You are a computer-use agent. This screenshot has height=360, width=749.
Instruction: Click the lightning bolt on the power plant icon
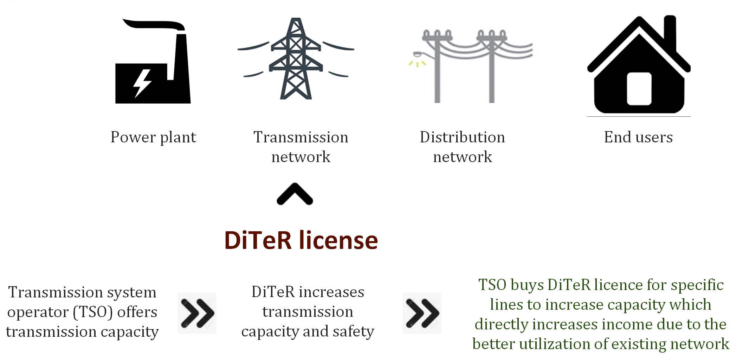[x=142, y=83]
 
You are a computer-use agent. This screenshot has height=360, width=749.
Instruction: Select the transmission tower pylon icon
[x=296, y=58]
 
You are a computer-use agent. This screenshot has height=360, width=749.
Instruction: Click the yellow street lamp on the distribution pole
[x=418, y=59]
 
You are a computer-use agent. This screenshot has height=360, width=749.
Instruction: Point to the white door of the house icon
[x=639, y=89]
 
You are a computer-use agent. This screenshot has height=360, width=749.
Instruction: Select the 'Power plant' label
[x=153, y=137]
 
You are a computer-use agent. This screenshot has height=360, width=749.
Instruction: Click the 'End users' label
[x=638, y=137]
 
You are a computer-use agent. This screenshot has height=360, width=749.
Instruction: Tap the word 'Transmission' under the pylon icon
[x=301, y=137]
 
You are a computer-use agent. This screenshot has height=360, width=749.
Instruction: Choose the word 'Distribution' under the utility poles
[x=463, y=137]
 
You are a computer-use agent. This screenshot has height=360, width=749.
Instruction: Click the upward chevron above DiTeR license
[x=295, y=194]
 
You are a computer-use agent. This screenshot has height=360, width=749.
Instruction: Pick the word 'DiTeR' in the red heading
[x=258, y=240]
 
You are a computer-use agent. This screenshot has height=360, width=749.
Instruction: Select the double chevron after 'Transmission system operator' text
[x=197, y=313]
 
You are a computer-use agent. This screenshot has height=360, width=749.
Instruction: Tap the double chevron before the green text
[x=422, y=313]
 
